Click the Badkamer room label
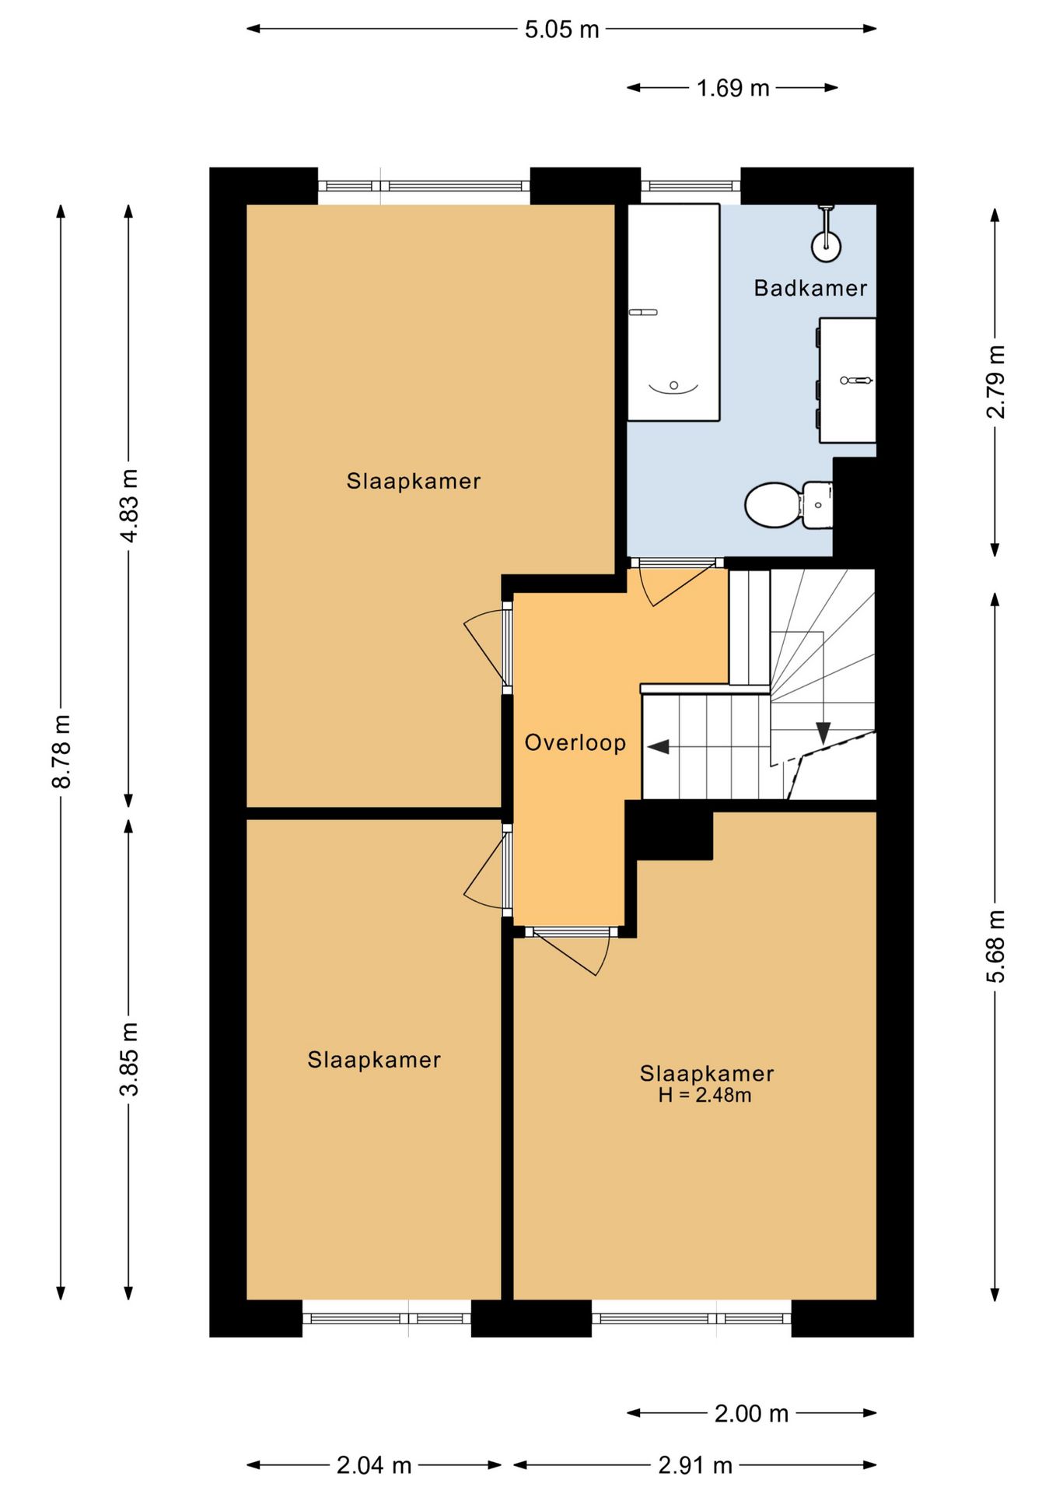click(x=810, y=288)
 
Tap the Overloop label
click(x=575, y=742)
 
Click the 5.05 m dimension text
click(x=561, y=30)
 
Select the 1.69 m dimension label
click(x=733, y=88)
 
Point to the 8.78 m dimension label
click(x=61, y=751)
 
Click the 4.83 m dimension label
click(x=129, y=506)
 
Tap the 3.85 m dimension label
click(x=129, y=1059)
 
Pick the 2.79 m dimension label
click(x=995, y=381)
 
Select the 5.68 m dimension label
click(x=995, y=945)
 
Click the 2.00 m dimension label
click(x=751, y=1413)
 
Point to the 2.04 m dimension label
click(x=373, y=1465)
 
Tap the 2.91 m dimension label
click(x=695, y=1465)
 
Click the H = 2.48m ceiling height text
click(x=705, y=1096)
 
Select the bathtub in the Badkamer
click(x=673, y=312)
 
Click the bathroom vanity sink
click(x=847, y=380)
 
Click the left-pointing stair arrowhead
click(x=659, y=747)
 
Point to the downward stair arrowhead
click(x=823, y=733)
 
